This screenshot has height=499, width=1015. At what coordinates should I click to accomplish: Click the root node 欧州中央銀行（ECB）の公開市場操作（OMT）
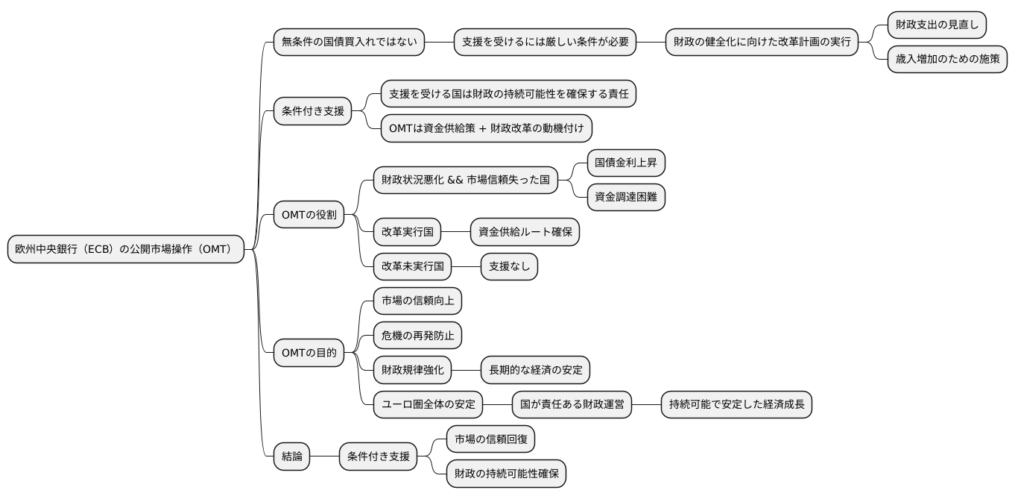point(126,249)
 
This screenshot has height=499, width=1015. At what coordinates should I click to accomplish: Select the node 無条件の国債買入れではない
point(349,42)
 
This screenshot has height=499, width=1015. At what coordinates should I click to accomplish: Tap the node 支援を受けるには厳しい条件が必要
point(546,42)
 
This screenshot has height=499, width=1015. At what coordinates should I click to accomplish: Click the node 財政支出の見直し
point(937,25)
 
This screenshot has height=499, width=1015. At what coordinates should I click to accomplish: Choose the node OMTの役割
point(309,215)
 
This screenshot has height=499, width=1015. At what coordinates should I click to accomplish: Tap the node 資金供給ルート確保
point(525,232)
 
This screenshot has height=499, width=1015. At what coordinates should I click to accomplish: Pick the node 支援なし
point(509,266)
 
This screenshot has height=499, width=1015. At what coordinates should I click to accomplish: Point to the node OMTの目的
point(309,353)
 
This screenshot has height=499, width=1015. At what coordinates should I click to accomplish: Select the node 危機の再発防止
point(417,335)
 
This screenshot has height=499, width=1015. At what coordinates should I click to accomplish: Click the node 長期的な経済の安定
point(535,369)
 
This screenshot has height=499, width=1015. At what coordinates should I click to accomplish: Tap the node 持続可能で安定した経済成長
point(736,404)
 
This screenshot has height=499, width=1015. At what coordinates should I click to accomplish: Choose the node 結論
point(292,456)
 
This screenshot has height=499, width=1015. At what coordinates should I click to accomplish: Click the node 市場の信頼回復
point(490,439)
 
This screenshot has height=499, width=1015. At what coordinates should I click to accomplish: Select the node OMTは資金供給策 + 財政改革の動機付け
point(487,128)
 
